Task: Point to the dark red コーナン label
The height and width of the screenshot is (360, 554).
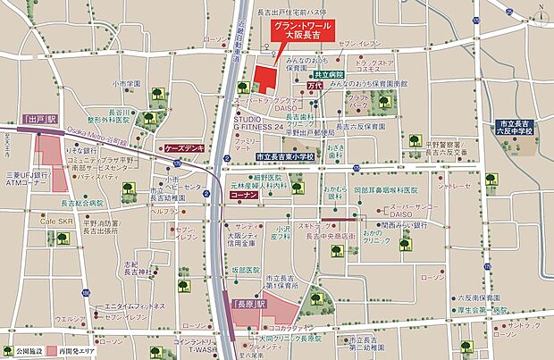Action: click(243, 193)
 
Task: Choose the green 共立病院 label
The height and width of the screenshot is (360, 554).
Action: click(330, 75)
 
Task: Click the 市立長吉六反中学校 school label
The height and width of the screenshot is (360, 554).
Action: click(516, 128)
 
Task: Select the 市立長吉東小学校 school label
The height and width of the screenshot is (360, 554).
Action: click(285, 155)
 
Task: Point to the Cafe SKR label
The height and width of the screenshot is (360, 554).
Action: click(55, 221)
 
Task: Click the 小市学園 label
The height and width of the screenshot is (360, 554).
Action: click(127, 84)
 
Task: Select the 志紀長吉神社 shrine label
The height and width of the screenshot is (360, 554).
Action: click(132, 267)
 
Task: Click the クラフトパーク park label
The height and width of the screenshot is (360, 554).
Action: click(359, 100)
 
